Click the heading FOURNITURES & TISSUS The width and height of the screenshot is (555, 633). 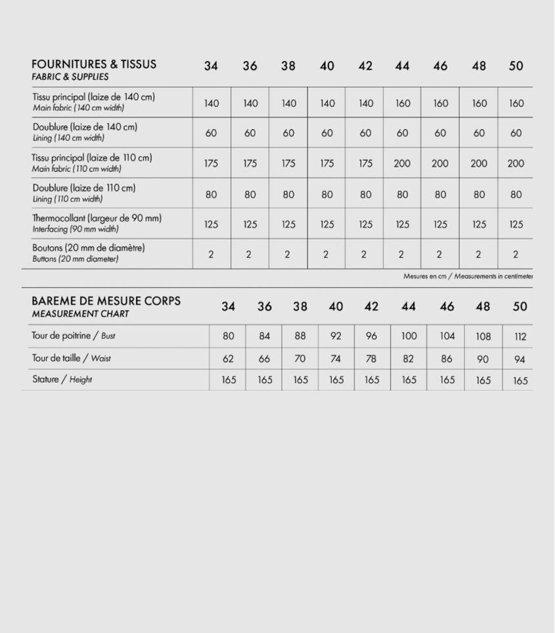pyautogui.click(x=94, y=64)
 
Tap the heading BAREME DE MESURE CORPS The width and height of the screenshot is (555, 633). pyautogui.click(x=106, y=301)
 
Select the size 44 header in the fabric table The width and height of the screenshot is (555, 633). pyautogui.click(x=402, y=66)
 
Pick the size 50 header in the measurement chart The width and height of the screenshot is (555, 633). pyautogui.click(x=520, y=306)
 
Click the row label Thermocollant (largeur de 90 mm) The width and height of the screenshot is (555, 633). pyautogui.click(x=97, y=218)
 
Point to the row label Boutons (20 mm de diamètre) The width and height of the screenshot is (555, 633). pyautogui.click(x=89, y=248)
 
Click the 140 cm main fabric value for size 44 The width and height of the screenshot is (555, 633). pyautogui.click(x=402, y=103)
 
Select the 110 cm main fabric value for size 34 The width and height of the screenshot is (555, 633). pyautogui.click(x=211, y=163)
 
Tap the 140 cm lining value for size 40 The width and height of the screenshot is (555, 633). pyautogui.click(x=326, y=133)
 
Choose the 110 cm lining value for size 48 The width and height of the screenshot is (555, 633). pyautogui.click(x=479, y=194)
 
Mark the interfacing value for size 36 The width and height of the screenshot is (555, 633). pyautogui.click(x=250, y=224)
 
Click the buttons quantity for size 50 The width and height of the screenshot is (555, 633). pyautogui.click(x=516, y=255)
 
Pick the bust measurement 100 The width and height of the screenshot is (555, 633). pyautogui.click(x=409, y=336)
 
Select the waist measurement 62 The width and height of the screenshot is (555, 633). pyautogui.click(x=228, y=359)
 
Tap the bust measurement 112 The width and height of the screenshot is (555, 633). pyautogui.click(x=520, y=337)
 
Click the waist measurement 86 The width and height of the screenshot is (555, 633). pyautogui.click(x=447, y=359)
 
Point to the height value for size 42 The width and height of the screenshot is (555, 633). pyautogui.click(x=372, y=380)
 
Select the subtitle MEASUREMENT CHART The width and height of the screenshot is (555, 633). pyautogui.click(x=80, y=314)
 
